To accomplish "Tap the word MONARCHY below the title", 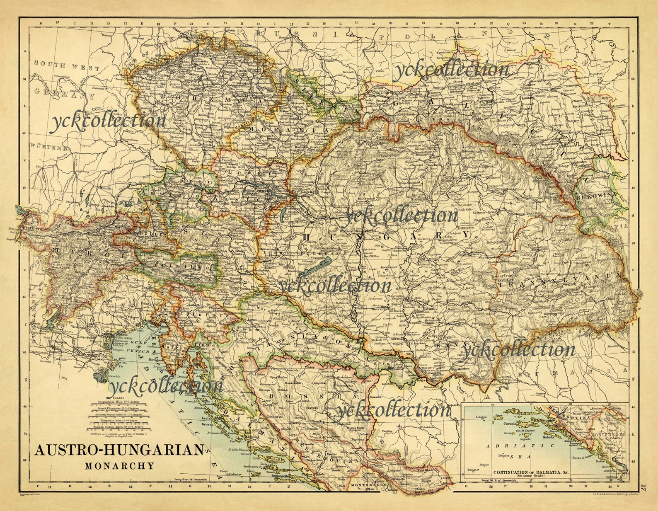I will coord(119,465).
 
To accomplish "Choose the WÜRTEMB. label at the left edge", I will coord(48,148).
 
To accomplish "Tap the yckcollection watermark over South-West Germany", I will coord(108,120).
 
